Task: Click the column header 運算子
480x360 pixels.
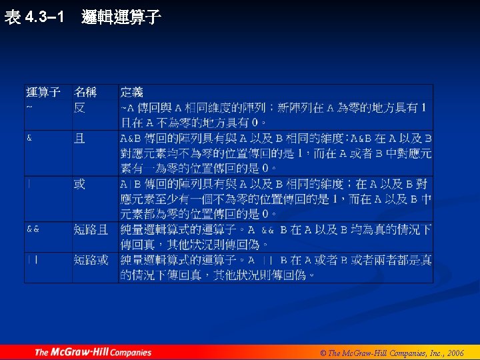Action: coord(43,92)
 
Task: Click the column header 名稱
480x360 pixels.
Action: coord(85,92)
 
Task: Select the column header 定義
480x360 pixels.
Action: coord(131,92)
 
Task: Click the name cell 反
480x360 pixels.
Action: coord(79,107)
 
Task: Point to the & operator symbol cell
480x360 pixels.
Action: coord(29,139)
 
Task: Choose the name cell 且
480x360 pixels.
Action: coord(79,139)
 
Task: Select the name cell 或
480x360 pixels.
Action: coord(79,184)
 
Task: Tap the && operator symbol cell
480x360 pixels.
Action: coord(33,229)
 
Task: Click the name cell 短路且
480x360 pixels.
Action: coord(91,229)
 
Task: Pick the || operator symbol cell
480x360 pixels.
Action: coord(31,260)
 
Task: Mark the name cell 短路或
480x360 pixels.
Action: coord(91,260)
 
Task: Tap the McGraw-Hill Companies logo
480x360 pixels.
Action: coord(93,352)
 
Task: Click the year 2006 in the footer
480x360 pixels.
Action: coord(456,353)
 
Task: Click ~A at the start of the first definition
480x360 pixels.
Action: coord(127,108)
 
